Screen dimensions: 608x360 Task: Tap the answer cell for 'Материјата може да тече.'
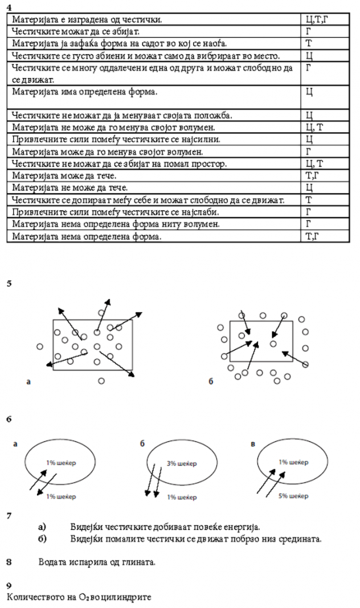coord(313,175)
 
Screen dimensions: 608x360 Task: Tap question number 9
coord(9,585)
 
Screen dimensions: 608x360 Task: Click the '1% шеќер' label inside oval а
coord(62,462)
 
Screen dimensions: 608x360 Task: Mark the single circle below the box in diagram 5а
coord(101,381)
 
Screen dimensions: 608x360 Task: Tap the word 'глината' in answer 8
coord(136,562)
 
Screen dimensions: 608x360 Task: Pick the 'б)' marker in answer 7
coord(42,538)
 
